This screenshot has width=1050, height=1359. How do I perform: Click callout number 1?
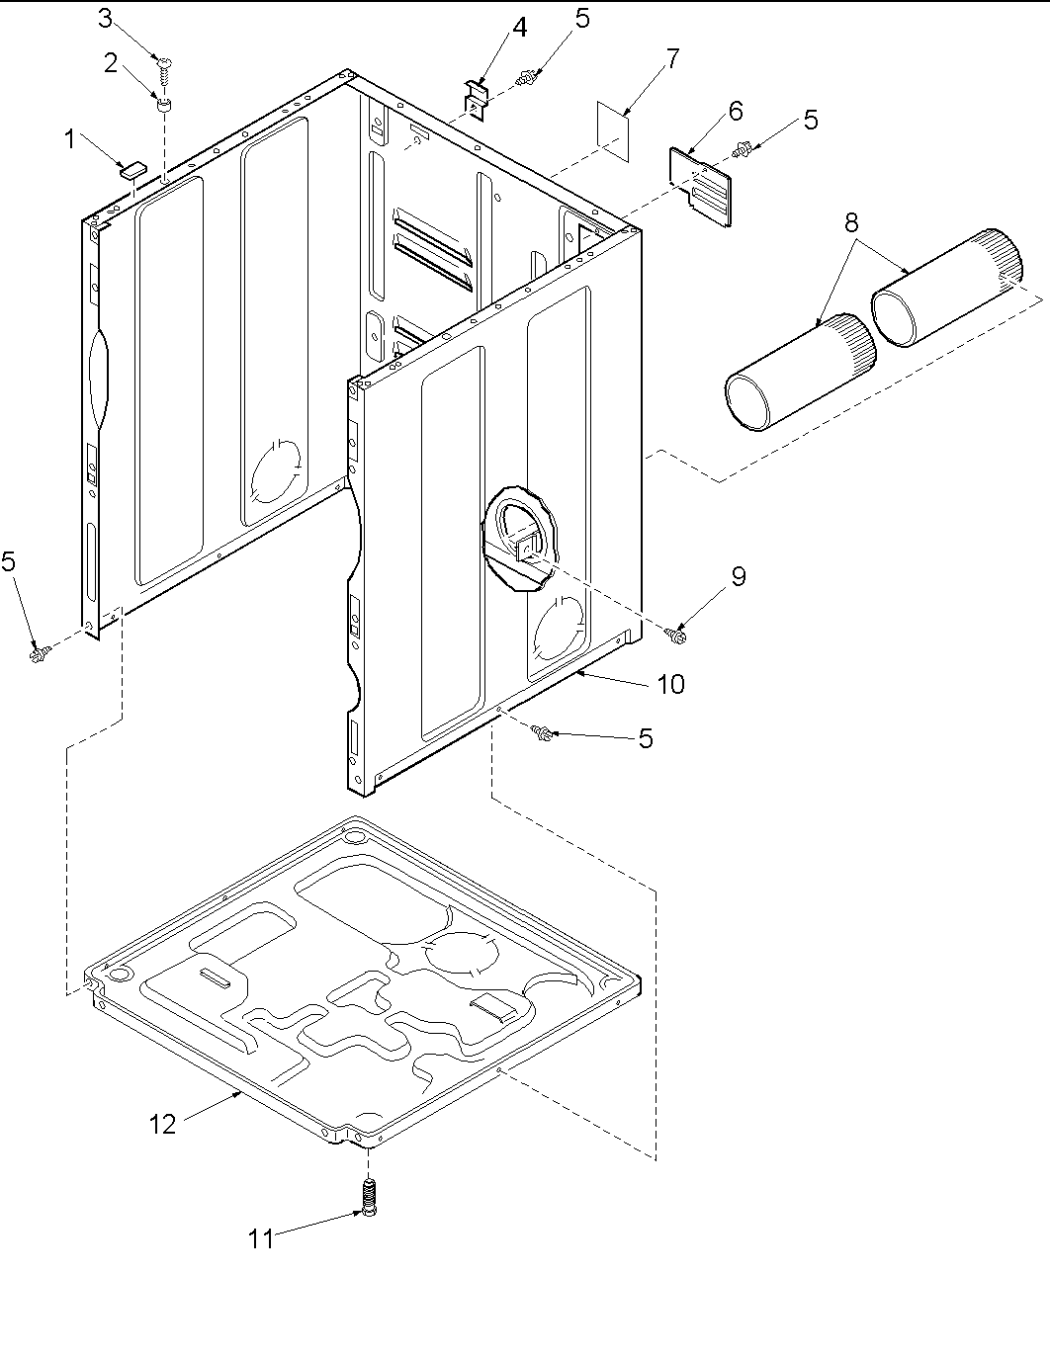70,140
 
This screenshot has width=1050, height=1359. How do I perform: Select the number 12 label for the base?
163,1124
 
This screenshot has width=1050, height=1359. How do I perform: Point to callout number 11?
260,1238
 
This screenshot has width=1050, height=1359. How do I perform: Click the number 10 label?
670,684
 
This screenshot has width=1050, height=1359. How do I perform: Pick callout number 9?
739,576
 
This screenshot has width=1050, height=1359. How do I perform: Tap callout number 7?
672,59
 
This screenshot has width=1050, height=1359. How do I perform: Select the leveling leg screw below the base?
369,1199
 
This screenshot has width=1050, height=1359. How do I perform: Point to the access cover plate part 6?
702,186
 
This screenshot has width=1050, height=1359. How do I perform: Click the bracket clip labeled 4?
478,100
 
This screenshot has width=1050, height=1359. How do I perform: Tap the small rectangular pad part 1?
131,168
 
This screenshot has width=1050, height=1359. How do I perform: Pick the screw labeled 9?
677,635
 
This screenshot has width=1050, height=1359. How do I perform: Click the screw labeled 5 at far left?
39,651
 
